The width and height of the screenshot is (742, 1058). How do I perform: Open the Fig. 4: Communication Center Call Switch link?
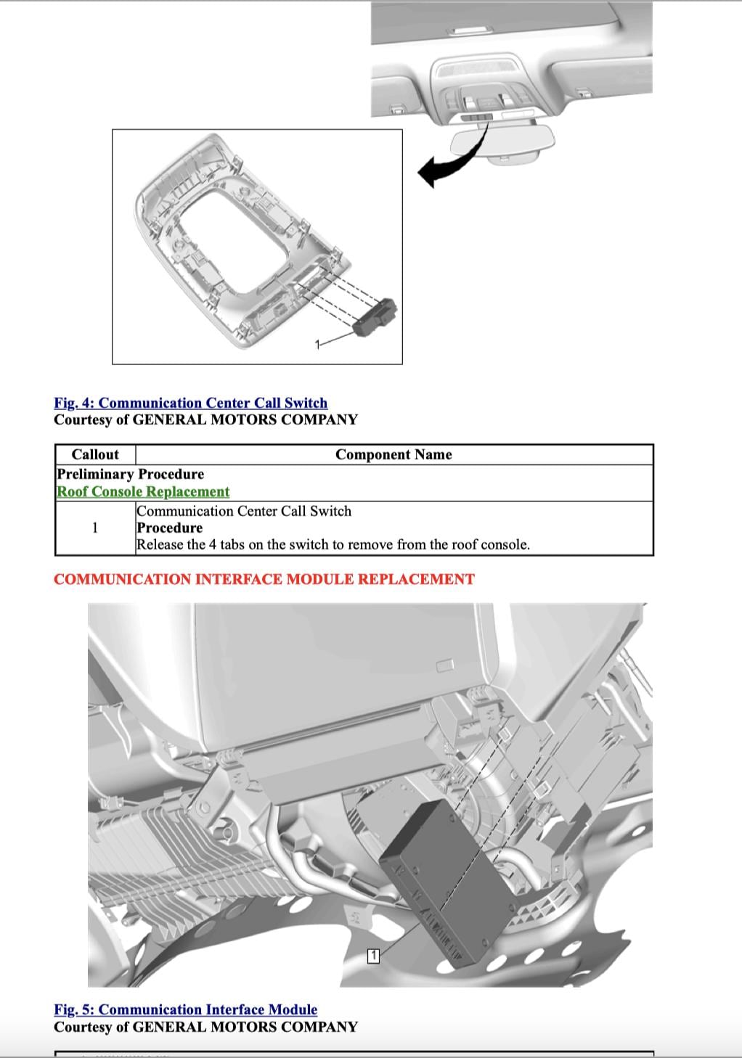(x=190, y=403)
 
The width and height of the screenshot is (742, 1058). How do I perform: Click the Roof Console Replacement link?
(x=143, y=491)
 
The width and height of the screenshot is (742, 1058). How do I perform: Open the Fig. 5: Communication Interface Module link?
(x=185, y=1009)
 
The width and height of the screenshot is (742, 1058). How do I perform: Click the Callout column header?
(x=95, y=454)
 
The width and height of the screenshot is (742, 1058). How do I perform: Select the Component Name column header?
(x=393, y=454)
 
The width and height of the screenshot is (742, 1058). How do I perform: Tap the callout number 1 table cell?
(x=95, y=528)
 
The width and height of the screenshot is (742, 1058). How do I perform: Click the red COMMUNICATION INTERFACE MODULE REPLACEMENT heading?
(x=264, y=579)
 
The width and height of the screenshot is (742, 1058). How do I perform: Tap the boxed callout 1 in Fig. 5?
(x=373, y=956)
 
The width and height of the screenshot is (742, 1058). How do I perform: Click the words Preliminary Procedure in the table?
(x=130, y=474)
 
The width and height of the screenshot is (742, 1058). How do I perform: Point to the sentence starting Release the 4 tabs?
(x=333, y=544)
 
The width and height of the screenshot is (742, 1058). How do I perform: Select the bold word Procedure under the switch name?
(x=169, y=528)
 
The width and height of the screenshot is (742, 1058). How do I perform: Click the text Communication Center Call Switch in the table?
(x=244, y=511)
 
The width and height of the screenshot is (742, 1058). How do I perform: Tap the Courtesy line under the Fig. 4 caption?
(x=205, y=419)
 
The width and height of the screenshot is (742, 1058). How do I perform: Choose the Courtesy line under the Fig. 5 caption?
(x=205, y=1027)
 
